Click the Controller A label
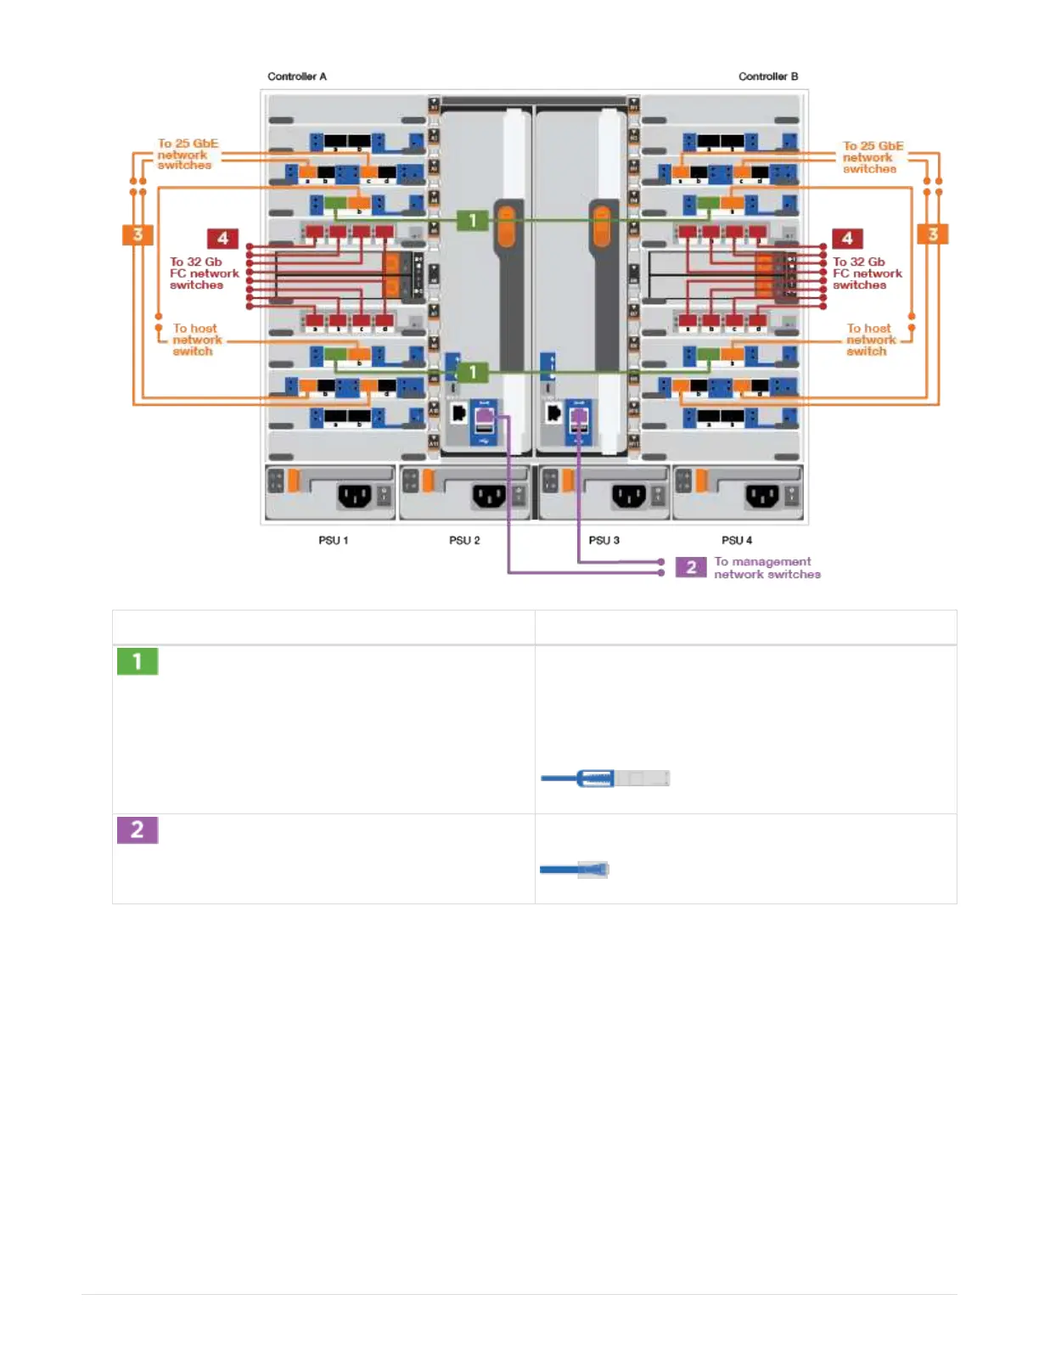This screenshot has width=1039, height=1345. (x=296, y=76)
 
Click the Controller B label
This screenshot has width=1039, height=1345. (x=767, y=76)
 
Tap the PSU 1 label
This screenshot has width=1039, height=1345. (x=333, y=540)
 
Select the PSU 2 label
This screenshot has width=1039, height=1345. (x=464, y=540)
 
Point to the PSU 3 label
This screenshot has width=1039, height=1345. (x=604, y=540)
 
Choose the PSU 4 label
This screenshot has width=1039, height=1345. (x=736, y=540)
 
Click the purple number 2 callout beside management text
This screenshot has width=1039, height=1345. (x=691, y=567)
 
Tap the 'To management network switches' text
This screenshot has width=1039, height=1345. (x=767, y=567)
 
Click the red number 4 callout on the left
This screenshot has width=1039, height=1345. (x=222, y=239)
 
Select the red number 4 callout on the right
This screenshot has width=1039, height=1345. (x=846, y=239)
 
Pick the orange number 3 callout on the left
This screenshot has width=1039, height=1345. (x=138, y=234)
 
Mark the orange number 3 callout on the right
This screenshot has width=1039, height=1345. (x=933, y=234)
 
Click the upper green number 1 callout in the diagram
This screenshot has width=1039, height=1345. (x=473, y=221)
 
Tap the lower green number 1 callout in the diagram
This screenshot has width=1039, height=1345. (x=473, y=372)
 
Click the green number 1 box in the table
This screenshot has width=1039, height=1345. (x=138, y=661)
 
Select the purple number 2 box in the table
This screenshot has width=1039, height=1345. (x=138, y=830)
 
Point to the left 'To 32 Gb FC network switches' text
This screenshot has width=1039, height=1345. (x=204, y=273)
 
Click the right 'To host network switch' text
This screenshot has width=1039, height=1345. (x=869, y=340)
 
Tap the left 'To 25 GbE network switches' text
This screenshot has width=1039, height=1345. (x=187, y=155)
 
